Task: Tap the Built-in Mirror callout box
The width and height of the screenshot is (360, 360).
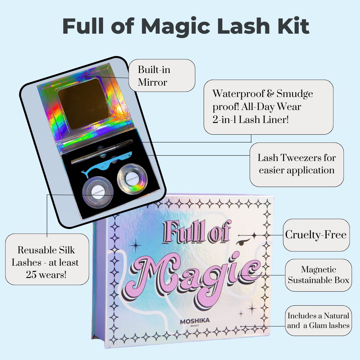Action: pyautogui.click(x=162, y=76)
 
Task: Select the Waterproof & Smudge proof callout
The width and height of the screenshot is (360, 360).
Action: pyautogui.click(x=268, y=107)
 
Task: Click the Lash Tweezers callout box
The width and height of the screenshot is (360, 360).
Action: pyautogui.click(x=297, y=164)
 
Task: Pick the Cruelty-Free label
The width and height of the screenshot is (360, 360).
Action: pyautogui.click(x=316, y=235)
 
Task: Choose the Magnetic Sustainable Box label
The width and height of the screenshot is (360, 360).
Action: pyautogui.click(x=318, y=275)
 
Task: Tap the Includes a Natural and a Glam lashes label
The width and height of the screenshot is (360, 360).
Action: pyautogui.click(x=318, y=321)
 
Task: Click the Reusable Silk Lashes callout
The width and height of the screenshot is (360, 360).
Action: pyautogui.click(x=47, y=259)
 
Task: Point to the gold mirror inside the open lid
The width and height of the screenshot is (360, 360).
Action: pyautogui.click(x=84, y=104)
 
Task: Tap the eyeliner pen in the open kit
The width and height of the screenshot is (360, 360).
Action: pyautogui.click(x=102, y=152)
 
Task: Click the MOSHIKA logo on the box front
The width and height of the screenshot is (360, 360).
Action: pyautogui.click(x=195, y=321)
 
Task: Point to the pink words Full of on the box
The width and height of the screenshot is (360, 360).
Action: pyautogui.click(x=197, y=232)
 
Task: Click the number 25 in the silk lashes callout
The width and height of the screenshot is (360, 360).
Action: pyautogui.click(x=31, y=274)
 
